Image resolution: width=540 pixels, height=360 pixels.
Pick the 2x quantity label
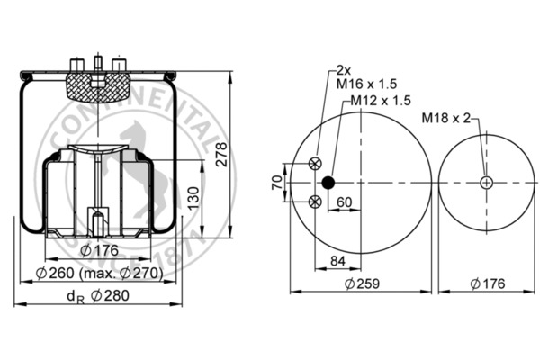point(343,69)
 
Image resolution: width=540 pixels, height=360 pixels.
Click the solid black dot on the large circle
point(328,183)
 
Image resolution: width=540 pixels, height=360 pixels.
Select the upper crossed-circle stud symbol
point(314,163)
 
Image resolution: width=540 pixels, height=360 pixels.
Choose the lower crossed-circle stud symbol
point(314,202)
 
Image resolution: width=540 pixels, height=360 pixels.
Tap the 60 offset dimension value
point(344,202)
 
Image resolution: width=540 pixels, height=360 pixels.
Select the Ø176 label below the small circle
point(487,283)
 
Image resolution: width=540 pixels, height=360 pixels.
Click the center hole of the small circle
point(487,183)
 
